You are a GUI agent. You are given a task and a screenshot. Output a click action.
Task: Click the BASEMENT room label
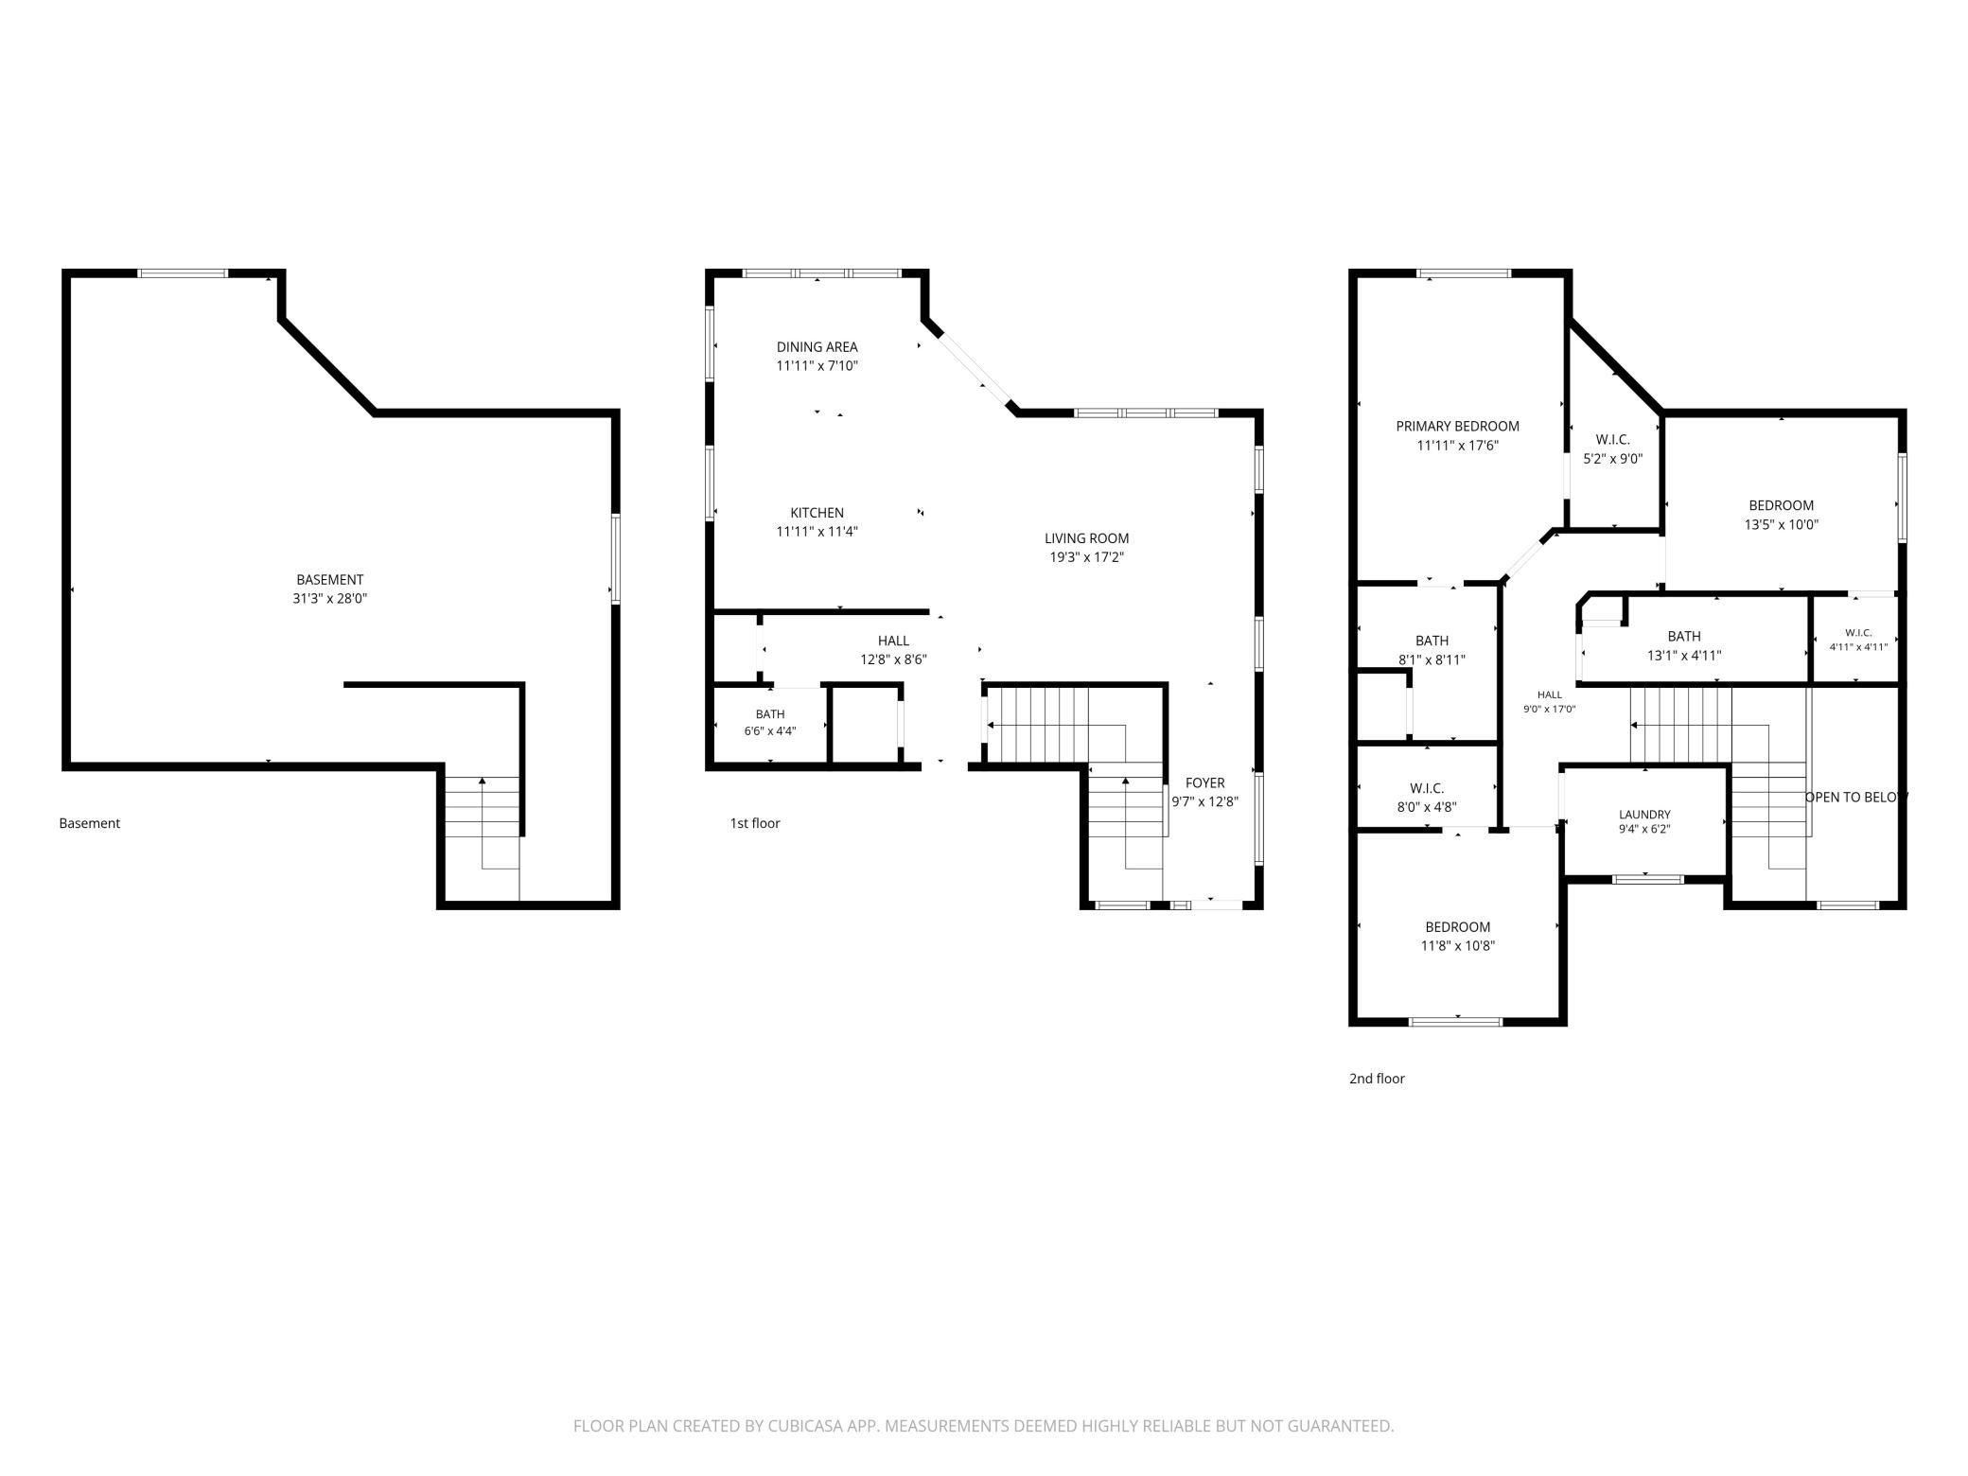(329, 580)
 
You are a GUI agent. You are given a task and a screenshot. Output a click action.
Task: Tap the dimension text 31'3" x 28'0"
(329, 599)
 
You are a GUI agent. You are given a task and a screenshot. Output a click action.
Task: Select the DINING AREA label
(817, 347)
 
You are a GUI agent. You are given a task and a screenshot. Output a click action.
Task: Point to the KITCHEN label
(817, 513)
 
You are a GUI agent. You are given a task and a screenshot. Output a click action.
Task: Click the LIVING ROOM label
(1087, 538)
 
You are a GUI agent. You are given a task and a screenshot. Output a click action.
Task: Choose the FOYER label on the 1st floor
(1205, 782)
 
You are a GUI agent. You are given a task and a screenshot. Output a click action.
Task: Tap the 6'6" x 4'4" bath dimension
(770, 730)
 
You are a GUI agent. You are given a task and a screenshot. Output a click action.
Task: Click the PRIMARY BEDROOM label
(1458, 427)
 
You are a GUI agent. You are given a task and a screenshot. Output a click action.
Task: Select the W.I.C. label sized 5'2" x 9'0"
(1613, 440)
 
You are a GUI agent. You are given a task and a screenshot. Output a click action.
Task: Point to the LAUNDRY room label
(1645, 815)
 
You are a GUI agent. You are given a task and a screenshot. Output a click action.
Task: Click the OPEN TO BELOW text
(1856, 798)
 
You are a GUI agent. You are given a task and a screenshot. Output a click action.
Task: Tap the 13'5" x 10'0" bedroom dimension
(1782, 524)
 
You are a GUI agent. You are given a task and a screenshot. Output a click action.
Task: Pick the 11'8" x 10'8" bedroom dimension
(1458, 946)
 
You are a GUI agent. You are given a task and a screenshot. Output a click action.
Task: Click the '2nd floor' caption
(1377, 1079)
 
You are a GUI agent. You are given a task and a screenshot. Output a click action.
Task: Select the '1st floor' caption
(755, 823)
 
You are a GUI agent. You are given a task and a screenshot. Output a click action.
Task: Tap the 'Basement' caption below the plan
(90, 823)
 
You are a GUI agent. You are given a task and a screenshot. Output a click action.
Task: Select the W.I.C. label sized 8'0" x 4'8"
(1427, 789)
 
